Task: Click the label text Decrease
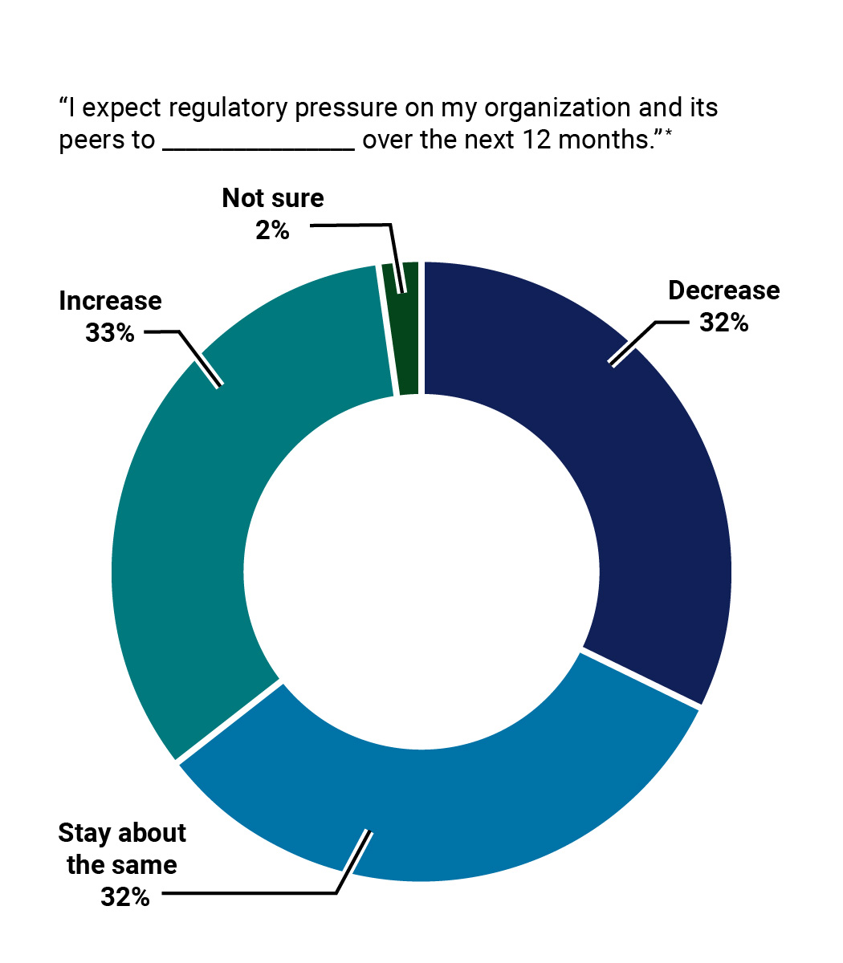[x=723, y=291]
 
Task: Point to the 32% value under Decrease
[x=723, y=323]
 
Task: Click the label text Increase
[x=110, y=301]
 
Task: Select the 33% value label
[x=110, y=333]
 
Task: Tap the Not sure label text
[x=273, y=198]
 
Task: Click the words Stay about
[x=122, y=833]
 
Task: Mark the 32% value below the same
[x=125, y=897]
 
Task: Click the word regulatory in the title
[x=218, y=108]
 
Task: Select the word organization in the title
[x=537, y=108]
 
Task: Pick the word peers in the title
[x=88, y=141]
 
